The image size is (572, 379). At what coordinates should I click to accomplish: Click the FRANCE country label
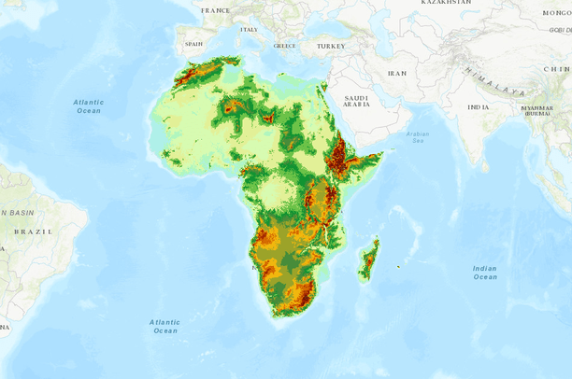[x=215, y=10]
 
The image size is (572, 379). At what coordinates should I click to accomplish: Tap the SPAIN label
[x=193, y=44]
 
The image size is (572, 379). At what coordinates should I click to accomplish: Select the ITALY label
[x=249, y=30]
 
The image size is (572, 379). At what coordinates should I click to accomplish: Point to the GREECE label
[x=284, y=46]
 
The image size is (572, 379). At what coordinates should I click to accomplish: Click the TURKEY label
[x=331, y=46]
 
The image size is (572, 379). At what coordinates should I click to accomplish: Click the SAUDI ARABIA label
[x=357, y=101]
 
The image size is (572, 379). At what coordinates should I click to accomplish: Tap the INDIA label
[x=478, y=107]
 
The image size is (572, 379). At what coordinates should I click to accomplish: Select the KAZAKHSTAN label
[x=446, y=3]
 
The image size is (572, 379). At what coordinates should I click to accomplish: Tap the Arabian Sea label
[x=418, y=137]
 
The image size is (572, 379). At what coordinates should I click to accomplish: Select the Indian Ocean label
[x=484, y=273]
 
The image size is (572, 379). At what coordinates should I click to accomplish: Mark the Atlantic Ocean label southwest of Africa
[x=164, y=326]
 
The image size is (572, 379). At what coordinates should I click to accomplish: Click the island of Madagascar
[x=369, y=260]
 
